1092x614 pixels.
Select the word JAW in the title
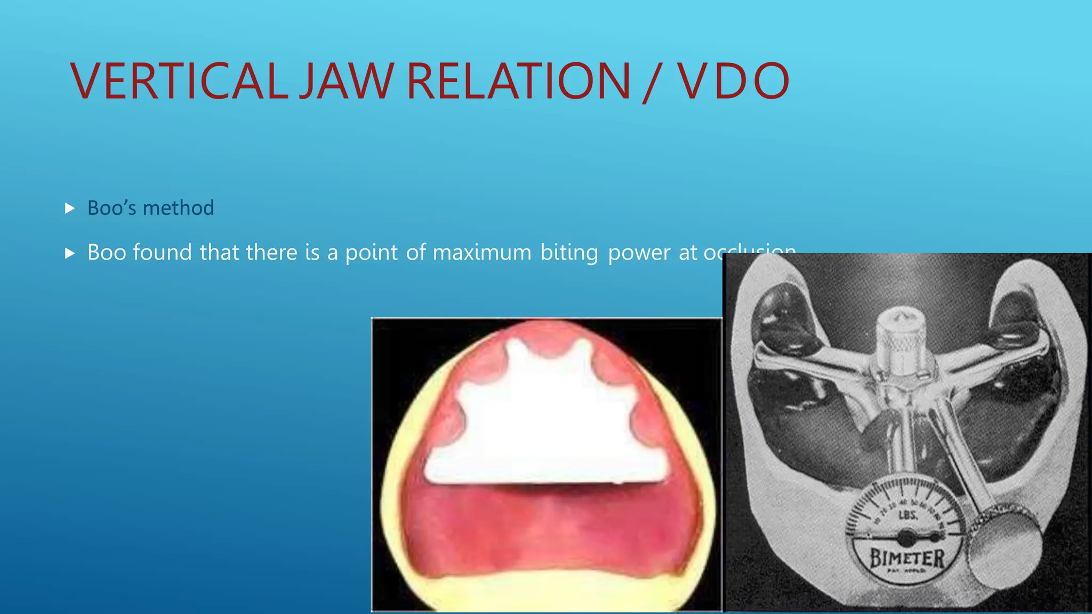pyautogui.click(x=346, y=81)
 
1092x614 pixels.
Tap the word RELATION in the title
pyautogui.click(x=519, y=81)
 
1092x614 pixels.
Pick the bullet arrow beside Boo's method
pyautogui.click(x=70, y=208)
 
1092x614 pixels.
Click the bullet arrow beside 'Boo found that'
pyautogui.click(x=70, y=253)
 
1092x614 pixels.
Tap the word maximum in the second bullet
pyautogui.click(x=482, y=252)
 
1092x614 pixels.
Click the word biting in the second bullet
pyautogui.click(x=569, y=252)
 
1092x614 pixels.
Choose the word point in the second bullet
pyautogui.click(x=372, y=252)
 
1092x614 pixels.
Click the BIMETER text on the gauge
pyautogui.click(x=907, y=558)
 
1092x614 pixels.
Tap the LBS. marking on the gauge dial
pyautogui.click(x=908, y=515)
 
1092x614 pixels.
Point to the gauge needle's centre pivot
pyautogui.click(x=906, y=535)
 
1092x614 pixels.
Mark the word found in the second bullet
pyautogui.click(x=162, y=252)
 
